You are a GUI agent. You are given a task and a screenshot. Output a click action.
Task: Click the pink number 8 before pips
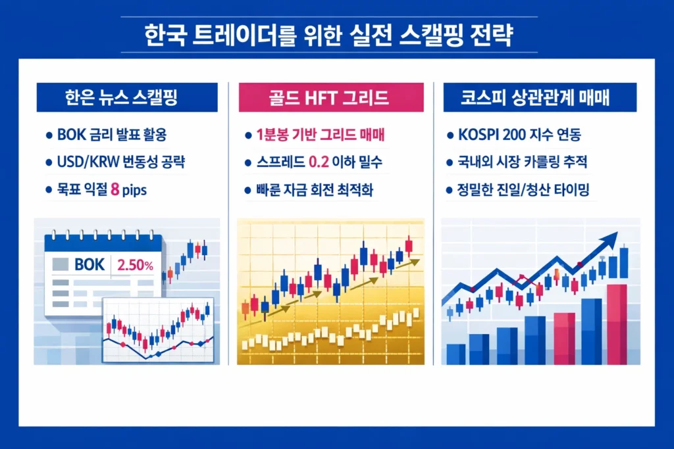tap(115, 191)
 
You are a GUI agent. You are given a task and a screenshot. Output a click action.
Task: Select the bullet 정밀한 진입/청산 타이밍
tap(527, 191)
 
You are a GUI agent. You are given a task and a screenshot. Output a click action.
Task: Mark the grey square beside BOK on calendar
tap(60, 265)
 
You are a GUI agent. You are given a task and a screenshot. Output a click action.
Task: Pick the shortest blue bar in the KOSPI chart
tap(455, 353)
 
